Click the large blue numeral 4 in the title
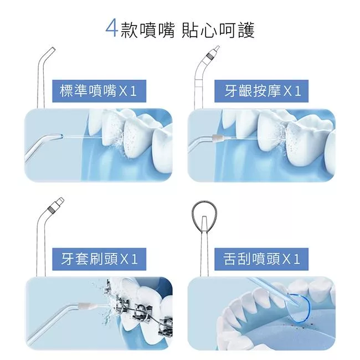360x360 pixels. pyautogui.click(x=112, y=29)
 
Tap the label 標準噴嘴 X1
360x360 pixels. pyautogui.click(x=99, y=91)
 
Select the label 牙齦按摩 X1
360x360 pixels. pyautogui.click(x=261, y=91)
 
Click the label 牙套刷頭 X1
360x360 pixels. pyautogui.click(x=99, y=259)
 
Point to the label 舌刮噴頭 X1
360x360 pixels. pyautogui.click(x=261, y=259)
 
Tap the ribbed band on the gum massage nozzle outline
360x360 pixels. pyautogui.click(x=209, y=55)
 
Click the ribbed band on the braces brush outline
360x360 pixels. pyautogui.click(x=51, y=209)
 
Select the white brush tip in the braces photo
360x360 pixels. pyautogui.click(x=88, y=306)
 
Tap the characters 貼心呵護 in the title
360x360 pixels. pyautogui.click(x=218, y=30)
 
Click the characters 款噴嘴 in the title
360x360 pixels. pyautogui.click(x=147, y=30)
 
